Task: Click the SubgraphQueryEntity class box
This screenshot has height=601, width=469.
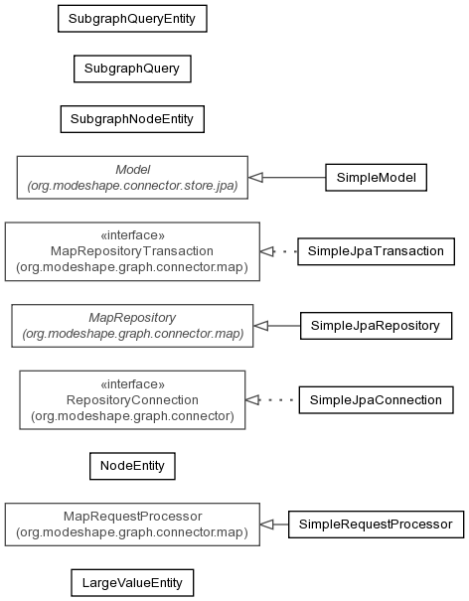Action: tap(132, 19)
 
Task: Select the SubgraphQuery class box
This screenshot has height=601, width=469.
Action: tap(132, 69)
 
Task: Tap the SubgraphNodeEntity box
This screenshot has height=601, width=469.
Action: tap(132, 119)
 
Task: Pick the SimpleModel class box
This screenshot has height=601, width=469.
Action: tap(376, 178)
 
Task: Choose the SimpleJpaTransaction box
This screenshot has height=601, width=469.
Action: tap(376, 251)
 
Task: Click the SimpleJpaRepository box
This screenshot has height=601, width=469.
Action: tap(376, 326)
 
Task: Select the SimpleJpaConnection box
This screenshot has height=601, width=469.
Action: tap(376, 400)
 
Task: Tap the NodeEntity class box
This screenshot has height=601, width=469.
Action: tap(132, 466)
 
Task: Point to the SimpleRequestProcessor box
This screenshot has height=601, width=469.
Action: tap(376, 525)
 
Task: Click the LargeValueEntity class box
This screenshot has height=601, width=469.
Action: tap(132, 583)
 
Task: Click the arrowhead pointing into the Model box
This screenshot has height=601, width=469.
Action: tap(255, 178)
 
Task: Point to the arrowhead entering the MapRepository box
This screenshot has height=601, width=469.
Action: tap(260, 326)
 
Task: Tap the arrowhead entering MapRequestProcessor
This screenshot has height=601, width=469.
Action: tap(267, 525)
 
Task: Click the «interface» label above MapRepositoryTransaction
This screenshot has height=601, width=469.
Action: tap(132, 235)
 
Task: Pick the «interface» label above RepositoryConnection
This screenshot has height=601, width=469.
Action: tap(132, 383)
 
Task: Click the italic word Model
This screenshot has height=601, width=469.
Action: tap(133, 170)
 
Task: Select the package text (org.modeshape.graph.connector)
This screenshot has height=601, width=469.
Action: tap(132, 416)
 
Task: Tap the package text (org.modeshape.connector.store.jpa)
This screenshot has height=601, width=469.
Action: tap(132, 186)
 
